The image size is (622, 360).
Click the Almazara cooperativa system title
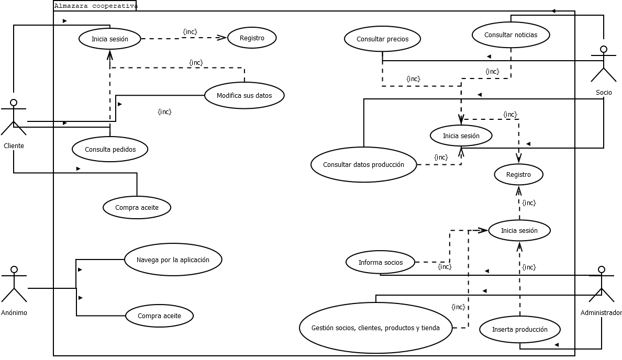95,6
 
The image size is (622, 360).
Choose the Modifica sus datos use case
244,96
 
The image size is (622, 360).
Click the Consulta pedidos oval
110,150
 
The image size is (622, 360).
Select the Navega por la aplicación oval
173,260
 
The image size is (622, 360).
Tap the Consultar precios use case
382,39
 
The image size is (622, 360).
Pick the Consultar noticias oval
510,35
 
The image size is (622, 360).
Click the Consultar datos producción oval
363,164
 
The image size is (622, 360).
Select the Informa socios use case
381,263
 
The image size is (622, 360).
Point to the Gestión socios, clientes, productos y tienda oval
375,328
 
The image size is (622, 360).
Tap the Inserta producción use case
520,330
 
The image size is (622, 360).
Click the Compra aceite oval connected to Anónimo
159,316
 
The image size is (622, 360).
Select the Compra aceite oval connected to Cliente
137,208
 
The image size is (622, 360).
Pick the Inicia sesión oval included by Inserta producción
519,231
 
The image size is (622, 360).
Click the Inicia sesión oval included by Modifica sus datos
110,39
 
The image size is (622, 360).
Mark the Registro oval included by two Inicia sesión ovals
518,175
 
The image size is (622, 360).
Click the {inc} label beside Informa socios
445,267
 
